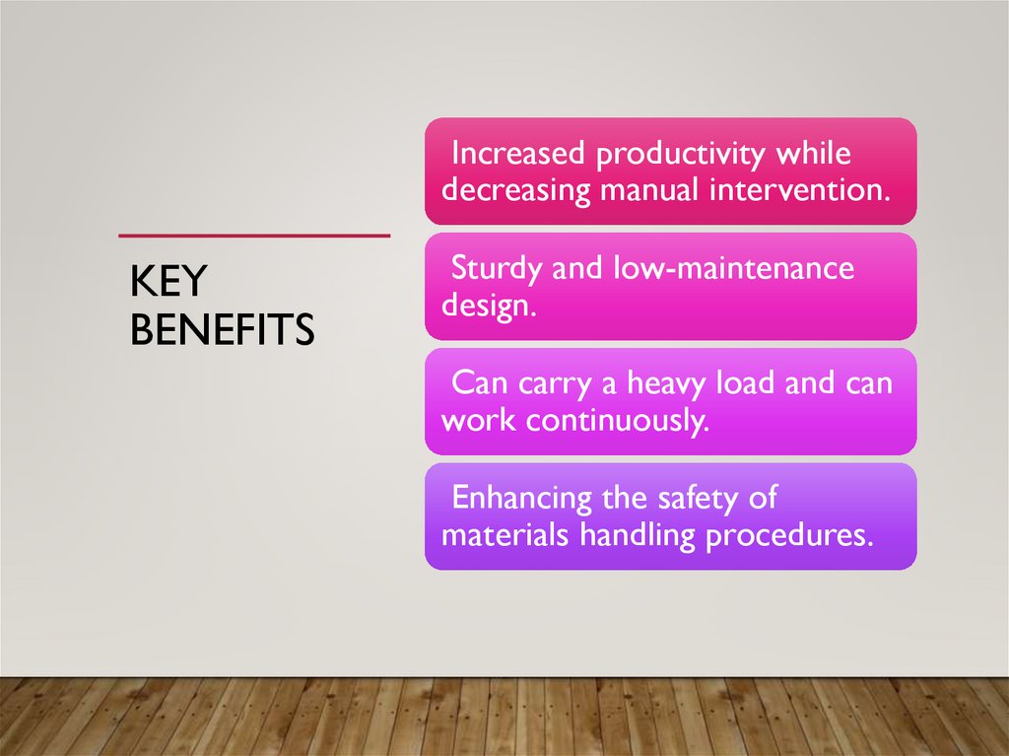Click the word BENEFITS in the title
(x=222, y=330)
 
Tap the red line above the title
(x=254, y=237)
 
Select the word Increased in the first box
(x=518, y=155)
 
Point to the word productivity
(x=682, y=155)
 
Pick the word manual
(x=649, y=188)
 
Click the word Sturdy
(x=496, y=268)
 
